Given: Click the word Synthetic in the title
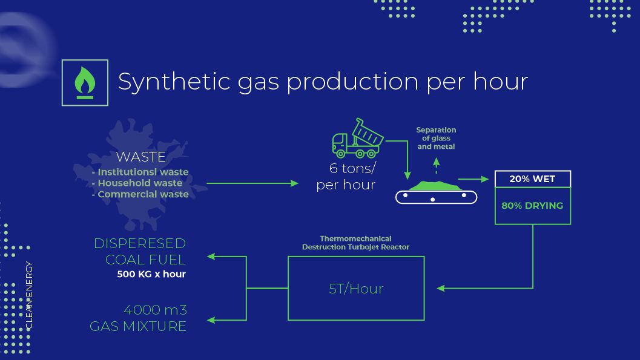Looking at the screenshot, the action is (174, 82).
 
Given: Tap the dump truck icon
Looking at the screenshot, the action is (358, 138).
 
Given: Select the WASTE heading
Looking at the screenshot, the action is (141, 157).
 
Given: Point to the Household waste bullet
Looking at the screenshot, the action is (137, 183).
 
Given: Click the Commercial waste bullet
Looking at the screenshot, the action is (140, 194).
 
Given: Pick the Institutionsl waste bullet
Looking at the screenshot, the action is (140, 172).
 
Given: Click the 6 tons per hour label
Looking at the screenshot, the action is (346, 177).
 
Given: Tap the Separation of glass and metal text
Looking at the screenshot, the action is (436, 138).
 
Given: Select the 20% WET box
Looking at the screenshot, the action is (533, 179).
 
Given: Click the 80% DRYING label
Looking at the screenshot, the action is (532, 206).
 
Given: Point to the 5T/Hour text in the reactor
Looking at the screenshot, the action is (356, 289).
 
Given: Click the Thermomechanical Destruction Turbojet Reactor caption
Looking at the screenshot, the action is (355, 243).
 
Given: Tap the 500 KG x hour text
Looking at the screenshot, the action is (151, 274).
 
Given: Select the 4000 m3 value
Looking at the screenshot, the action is (155, 310).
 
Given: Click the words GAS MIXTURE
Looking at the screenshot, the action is (138, 326).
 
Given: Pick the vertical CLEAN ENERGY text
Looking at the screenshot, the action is (29, 296).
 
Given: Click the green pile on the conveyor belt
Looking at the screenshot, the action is (435, 186).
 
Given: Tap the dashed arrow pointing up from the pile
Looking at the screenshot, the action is (437, 166).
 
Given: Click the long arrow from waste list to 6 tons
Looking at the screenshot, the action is (252, 183).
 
